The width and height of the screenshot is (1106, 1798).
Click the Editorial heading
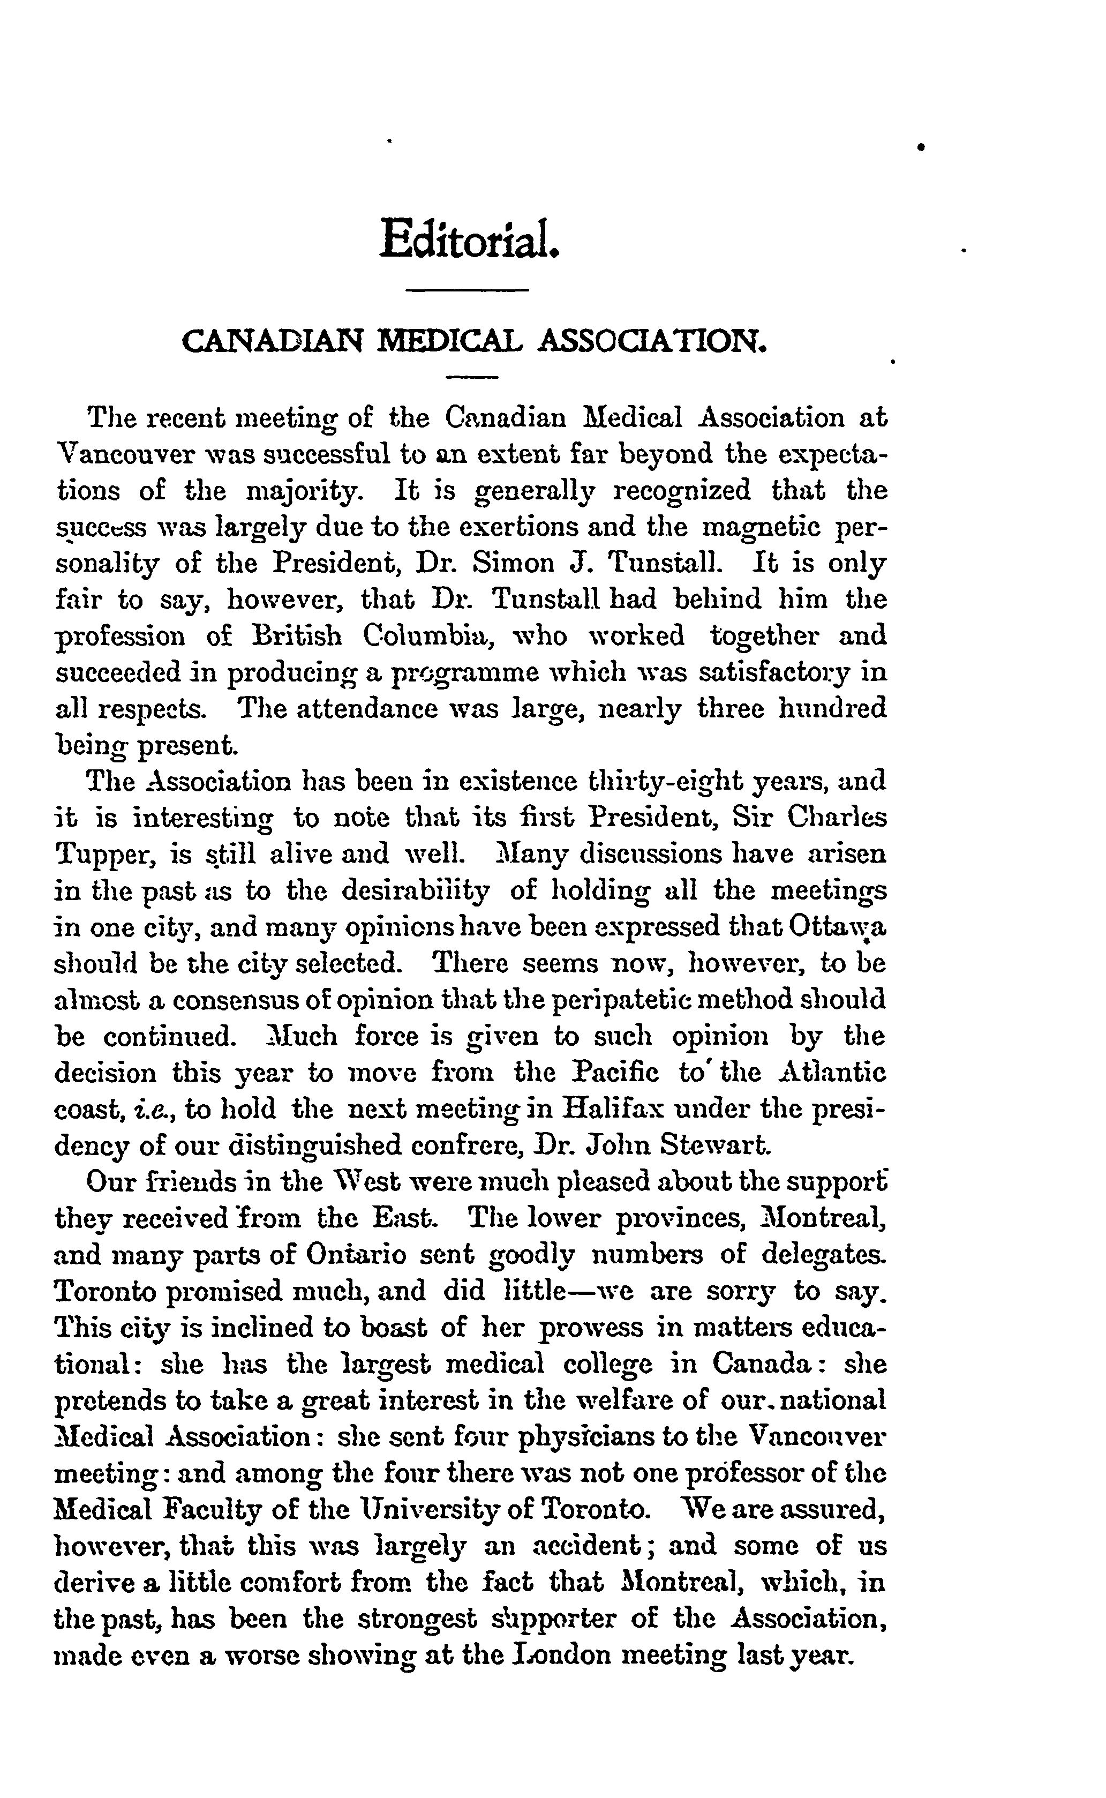tap(470, 238)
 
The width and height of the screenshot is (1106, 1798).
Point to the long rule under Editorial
tap(467, 291)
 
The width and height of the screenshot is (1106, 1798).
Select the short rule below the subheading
tap(472, 378)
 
